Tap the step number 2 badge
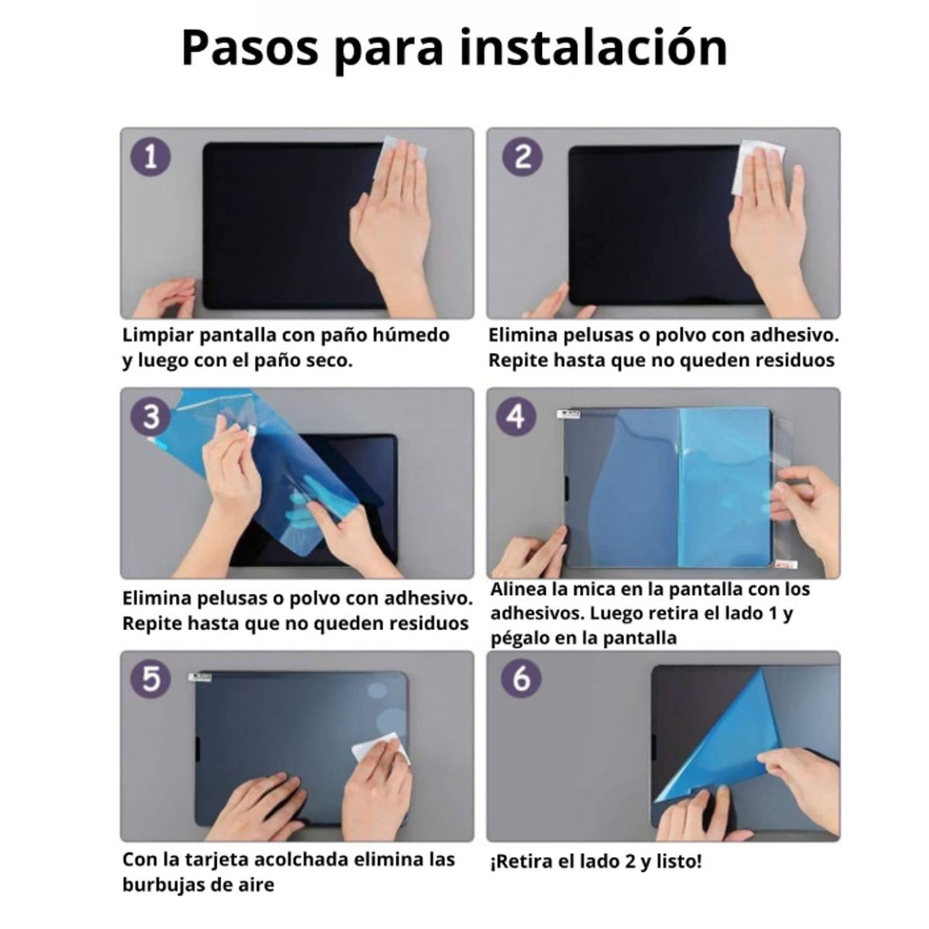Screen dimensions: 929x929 pyautogui.click(x=523, y=157)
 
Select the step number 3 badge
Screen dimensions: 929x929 pyautogui.click(x=151, y=417)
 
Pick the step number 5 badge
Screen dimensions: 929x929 pyautogui.click(x=151, y=679)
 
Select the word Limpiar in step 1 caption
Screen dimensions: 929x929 pyautogui.click(x=158, y=336)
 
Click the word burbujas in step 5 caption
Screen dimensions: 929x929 pyautogui.click(x=161, y=884)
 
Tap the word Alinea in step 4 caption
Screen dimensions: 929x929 pyautogui.click(x=518, y=590)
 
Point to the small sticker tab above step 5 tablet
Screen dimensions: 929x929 pyautogui.click(x=202, y=677)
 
